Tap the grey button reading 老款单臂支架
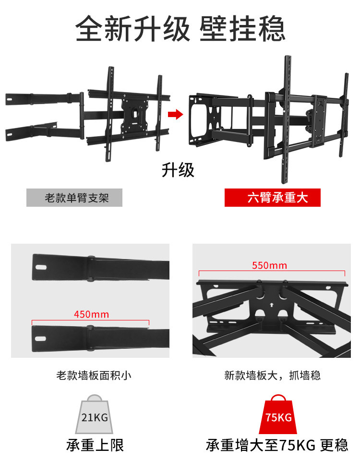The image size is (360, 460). [74, 198]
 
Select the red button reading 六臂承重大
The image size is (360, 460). [272, 198]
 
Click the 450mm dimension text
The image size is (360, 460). [91, 315]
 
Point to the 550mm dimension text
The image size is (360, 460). [269, 265]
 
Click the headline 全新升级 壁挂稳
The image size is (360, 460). [180, 30]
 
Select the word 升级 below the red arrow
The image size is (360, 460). [178, 170]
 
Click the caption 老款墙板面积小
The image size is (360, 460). [94, 375]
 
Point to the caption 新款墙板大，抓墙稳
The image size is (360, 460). [272, 375]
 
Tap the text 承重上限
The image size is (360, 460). [95, 445]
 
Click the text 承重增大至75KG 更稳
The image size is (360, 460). [277, 445]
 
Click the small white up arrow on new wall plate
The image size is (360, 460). [272, 304]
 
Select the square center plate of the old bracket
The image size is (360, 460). [136, 113]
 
